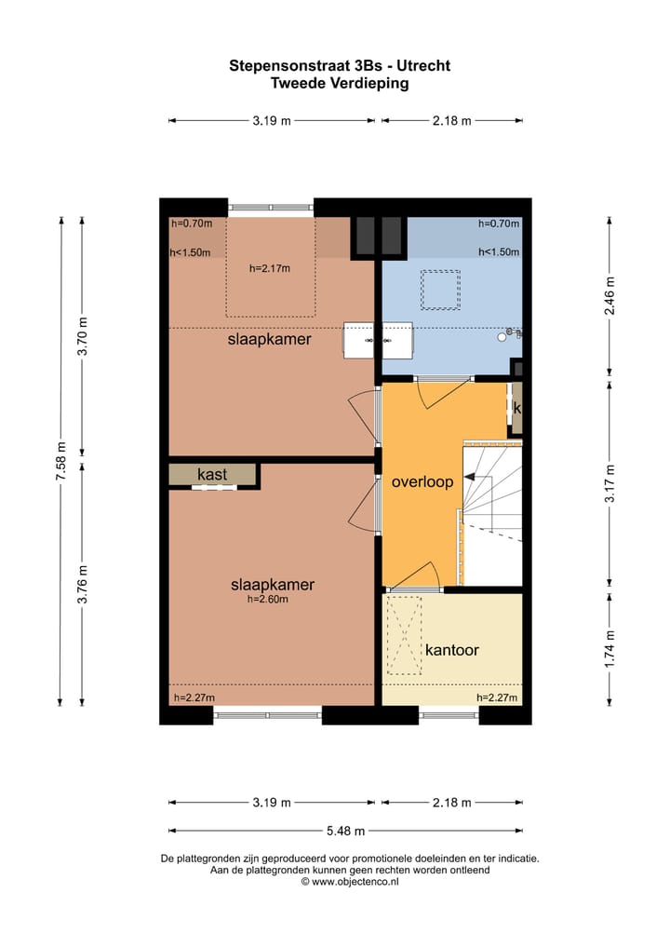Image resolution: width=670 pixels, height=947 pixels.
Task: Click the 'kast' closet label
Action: (x=212, y=475)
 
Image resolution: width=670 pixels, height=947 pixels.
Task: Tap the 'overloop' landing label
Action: (x=422, y=482)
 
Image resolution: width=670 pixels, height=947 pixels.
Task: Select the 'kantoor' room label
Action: (x=452, y=650)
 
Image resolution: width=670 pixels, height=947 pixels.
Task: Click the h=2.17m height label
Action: (x=270, y=269)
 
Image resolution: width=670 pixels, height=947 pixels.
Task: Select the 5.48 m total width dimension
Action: (x=344, y=831)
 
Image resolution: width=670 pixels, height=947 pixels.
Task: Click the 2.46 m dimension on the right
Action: (x=610, y=296)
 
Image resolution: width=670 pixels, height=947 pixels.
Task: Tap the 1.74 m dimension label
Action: (x=610, y=649)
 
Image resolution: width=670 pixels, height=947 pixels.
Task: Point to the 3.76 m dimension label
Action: (x=83, y=585)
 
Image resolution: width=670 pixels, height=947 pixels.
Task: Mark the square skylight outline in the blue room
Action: (x=440, y=290)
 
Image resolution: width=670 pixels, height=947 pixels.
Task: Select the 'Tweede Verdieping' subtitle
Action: (x=340, y=83)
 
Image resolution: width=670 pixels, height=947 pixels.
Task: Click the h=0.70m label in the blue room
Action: (x=499, y=223)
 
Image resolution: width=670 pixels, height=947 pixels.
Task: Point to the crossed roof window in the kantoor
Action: (x=405, y=635)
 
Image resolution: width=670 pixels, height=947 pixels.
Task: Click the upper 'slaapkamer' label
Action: (x=270, y=340)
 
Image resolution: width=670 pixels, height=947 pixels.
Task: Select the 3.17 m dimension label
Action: (x=610, y=484)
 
